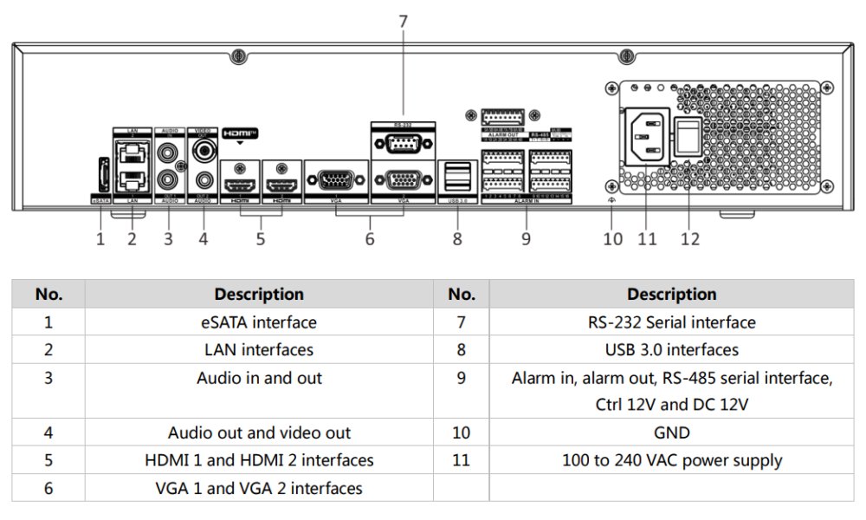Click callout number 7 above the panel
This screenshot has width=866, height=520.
click(403, 21)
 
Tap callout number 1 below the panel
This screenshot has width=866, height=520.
click(100, 238)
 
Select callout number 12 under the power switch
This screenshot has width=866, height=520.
click(689, 238)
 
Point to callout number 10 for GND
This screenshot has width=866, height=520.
click(613, 238)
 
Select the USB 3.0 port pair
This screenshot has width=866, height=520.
click(458, 178)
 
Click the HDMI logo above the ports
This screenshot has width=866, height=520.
click(240, 133)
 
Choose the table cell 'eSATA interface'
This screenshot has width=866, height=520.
click(259, 322)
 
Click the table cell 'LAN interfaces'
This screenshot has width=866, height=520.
click(259, 350)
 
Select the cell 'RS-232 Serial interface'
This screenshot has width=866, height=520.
click(671, 322)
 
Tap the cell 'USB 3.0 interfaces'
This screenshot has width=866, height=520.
click(671, 350)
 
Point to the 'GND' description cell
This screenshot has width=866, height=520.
click(671, 432)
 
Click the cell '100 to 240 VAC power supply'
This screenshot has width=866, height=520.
click(671, 460)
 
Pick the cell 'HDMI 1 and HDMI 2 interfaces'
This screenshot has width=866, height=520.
click(259, 460)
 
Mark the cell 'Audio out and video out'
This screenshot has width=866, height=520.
click(259, 432)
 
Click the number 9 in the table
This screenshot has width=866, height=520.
click(461, 378)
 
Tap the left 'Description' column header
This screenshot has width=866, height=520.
click(259, 294)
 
